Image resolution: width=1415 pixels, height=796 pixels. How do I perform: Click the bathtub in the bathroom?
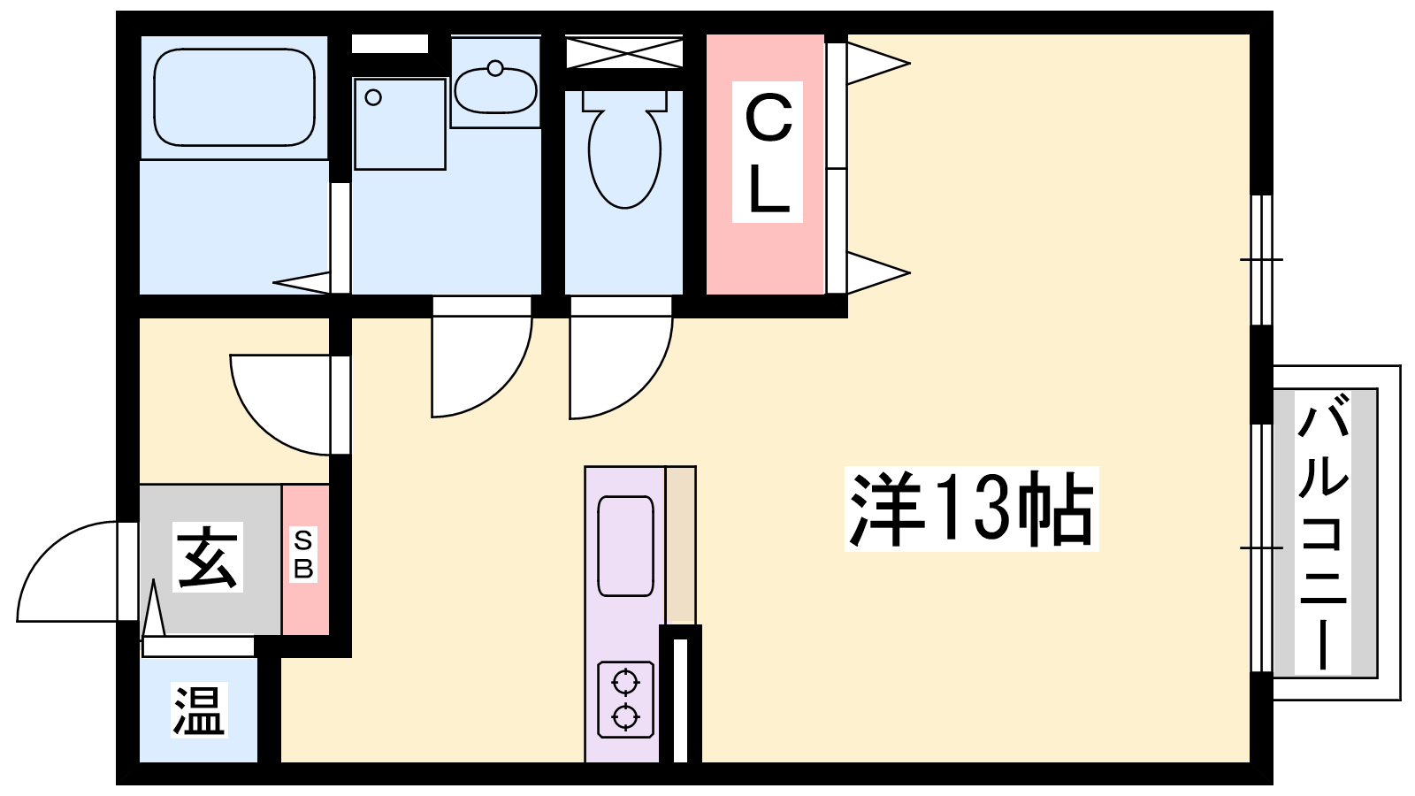(234, 97)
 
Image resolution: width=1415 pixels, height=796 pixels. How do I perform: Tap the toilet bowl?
(624, 149)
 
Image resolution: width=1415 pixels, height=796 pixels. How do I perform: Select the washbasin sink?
(496, 89)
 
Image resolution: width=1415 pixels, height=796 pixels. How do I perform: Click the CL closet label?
(768, 151)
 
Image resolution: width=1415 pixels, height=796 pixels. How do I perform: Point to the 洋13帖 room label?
(972, 509)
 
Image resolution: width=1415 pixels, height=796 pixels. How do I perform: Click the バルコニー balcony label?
(1323, 532)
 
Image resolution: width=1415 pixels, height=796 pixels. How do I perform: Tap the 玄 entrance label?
(208, 556)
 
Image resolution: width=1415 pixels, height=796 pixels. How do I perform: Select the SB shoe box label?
(303, 554)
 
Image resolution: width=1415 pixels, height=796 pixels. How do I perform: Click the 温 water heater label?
(199, 711)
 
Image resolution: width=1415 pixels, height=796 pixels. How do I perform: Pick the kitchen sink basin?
(625, 546)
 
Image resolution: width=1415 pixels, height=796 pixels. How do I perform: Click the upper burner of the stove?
(625, 682)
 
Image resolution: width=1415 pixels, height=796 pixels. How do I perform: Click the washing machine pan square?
(400, 124)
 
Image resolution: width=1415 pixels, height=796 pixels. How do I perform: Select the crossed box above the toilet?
(624, 52)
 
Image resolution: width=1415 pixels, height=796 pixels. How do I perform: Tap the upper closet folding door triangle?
(878, 63)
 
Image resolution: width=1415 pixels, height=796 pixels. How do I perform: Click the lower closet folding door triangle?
(878, 273)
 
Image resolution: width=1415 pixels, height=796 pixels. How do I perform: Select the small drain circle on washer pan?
(373, 97)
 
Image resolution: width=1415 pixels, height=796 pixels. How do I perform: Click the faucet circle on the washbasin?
(495, 68)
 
